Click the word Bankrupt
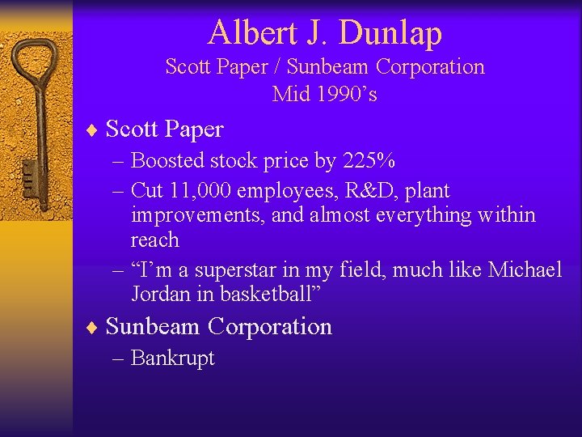click(x=172, y=358)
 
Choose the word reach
click(x=155, y=240)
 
